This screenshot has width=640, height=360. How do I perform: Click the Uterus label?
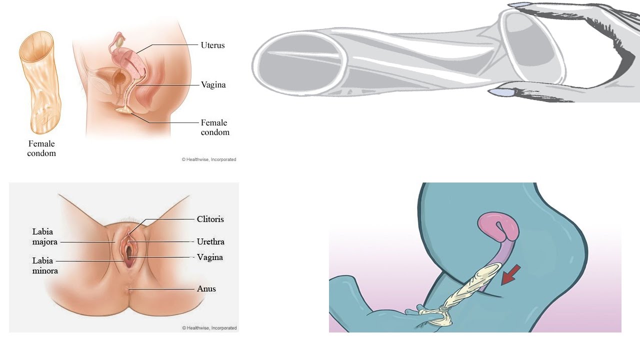pos(212,45)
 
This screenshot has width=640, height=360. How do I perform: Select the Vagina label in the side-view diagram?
pos(213,84)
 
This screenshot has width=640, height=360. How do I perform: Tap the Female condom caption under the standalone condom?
pos(41,148)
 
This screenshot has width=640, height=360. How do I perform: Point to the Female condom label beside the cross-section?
pos(214,127)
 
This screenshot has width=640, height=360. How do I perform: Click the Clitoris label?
pos(210,219)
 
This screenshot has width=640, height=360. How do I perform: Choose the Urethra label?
pos(210,241)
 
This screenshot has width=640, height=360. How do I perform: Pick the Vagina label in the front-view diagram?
pos(210,257)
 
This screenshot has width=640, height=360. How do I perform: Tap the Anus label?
pos(206,288)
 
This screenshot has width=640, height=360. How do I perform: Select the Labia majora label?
pos(44,236)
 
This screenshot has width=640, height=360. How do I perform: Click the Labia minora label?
pos(45,265)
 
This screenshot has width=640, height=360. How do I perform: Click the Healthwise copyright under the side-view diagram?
pos(208,159)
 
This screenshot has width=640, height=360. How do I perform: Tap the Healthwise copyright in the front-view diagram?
pos(209,328)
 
